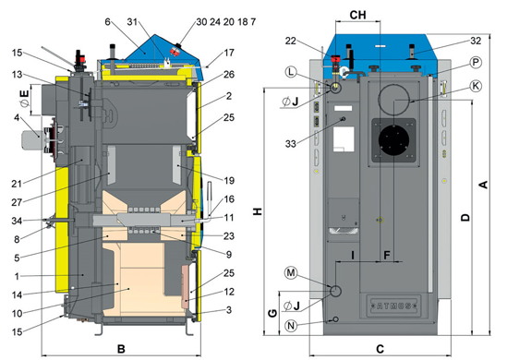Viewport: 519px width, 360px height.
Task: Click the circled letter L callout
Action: [x=291, y=72]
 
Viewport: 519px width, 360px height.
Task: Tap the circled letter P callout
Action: [x=476, y=62]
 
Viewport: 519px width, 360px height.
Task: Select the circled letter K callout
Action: [x=476, y=86]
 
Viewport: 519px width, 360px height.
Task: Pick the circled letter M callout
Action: [x=291, y=272]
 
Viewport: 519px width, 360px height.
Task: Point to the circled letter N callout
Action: [x=291, y=326]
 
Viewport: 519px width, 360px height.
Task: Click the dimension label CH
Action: [x=357, y=15]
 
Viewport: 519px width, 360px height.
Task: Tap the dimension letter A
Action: [x=484, y=185]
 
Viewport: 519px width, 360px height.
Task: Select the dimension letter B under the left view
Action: [x=121, y=348]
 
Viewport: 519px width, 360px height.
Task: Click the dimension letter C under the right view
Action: [x=380, y=348]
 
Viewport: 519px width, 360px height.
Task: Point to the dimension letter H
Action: [x=258, y=211]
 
